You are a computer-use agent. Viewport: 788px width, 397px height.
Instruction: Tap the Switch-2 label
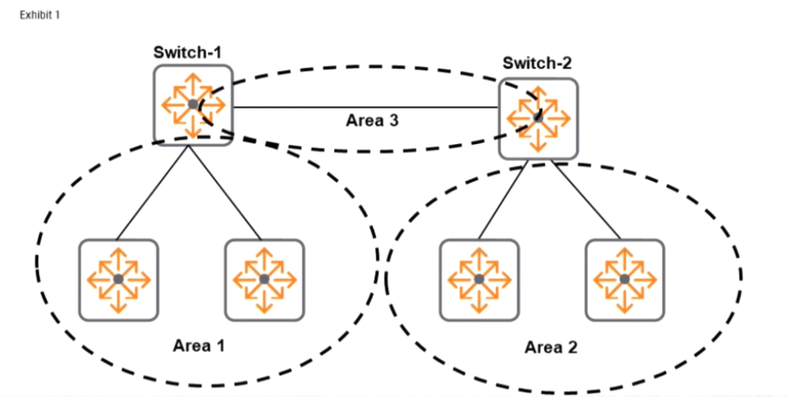click(x=537, y=63)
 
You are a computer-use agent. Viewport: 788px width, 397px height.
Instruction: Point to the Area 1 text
click(x=199, y=346)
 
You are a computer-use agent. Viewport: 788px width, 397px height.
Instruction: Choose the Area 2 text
click(x=551, y=348)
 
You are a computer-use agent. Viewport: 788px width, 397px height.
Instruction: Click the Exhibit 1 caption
click(x=40, y=15)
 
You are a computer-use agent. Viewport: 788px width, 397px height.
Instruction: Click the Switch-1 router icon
click(x=193, y=105)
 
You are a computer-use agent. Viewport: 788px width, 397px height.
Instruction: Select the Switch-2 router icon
click(x=538, y=119)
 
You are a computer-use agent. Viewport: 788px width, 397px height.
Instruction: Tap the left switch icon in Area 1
click(x=119, y=279)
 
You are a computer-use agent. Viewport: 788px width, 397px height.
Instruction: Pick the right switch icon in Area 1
click(x=264, y=279)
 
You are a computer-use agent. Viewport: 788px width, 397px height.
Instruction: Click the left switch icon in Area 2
click(x=479, y=279)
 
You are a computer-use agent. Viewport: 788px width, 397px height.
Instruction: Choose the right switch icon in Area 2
click(x=624, y=279)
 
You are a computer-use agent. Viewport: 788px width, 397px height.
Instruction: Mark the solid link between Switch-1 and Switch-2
click(x=365, y=108)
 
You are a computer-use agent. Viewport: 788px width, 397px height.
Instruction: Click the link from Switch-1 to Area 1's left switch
click(x=152, y=192)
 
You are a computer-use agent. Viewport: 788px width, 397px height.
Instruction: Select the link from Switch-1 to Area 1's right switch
click(x=225, y=192)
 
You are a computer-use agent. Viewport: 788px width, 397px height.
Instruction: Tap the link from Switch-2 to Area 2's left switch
click(x=502, y=199)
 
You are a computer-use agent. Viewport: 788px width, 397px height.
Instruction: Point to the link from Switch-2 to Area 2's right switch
click(x=585, y=199)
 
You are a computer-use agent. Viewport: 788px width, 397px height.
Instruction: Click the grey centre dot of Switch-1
click(x=193, y=104)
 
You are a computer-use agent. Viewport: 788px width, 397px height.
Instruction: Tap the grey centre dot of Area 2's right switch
click(x=624, y=279)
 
